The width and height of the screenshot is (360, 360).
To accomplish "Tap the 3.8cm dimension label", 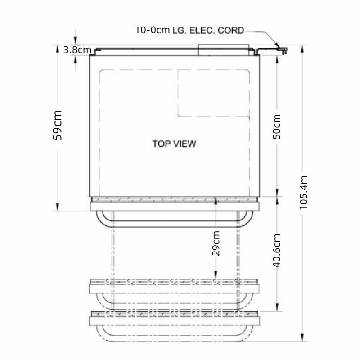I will (77, 50).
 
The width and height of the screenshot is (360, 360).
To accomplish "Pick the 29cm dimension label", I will (216, 243).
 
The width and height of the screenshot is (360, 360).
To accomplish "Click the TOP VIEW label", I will (174, 144).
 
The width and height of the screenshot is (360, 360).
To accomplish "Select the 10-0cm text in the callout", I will (153, 31).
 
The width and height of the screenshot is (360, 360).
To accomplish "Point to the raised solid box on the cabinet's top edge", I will (223, 49).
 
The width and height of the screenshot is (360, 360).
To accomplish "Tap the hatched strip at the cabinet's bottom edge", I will (175, 199).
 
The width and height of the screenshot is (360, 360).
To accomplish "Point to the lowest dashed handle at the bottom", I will (175, 335).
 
